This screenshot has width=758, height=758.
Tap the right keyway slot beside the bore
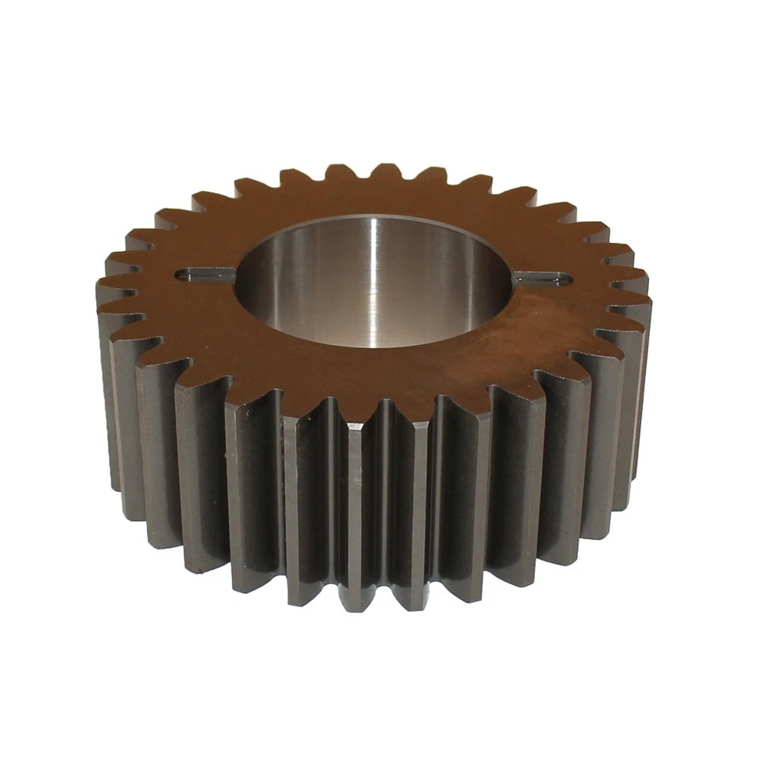click(x=542, y=278)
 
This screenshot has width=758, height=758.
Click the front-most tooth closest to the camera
click(x=355, y=513)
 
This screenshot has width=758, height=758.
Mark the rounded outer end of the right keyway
click(x=565, y=278)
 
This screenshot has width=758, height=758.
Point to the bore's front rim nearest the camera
click(x=371, y=347)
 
